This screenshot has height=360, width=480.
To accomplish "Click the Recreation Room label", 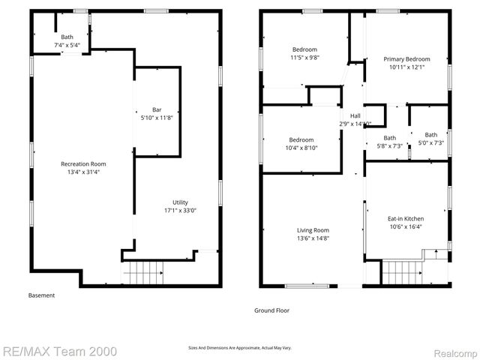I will point(83,163).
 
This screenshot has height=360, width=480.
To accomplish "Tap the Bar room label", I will point(157,109).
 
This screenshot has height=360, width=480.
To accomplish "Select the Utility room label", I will point(180,202).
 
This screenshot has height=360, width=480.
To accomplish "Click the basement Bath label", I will point(67,37).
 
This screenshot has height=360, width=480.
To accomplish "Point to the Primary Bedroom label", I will point(406,59).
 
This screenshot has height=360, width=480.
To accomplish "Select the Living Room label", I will point(313,230).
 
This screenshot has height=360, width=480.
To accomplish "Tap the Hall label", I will point(355,115).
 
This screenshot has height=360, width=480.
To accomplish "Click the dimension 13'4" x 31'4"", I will point(83,172).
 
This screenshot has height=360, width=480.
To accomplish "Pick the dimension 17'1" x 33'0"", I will point(180,210).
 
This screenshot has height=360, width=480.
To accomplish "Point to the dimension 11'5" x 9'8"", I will point(304,58).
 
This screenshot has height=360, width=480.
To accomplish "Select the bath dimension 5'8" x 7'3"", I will point(389,145).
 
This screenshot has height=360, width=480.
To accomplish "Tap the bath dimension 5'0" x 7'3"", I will point(430,142).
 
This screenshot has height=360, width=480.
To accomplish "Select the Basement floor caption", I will point(41,295).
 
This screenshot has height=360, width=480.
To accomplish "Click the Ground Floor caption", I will point(271,310).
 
